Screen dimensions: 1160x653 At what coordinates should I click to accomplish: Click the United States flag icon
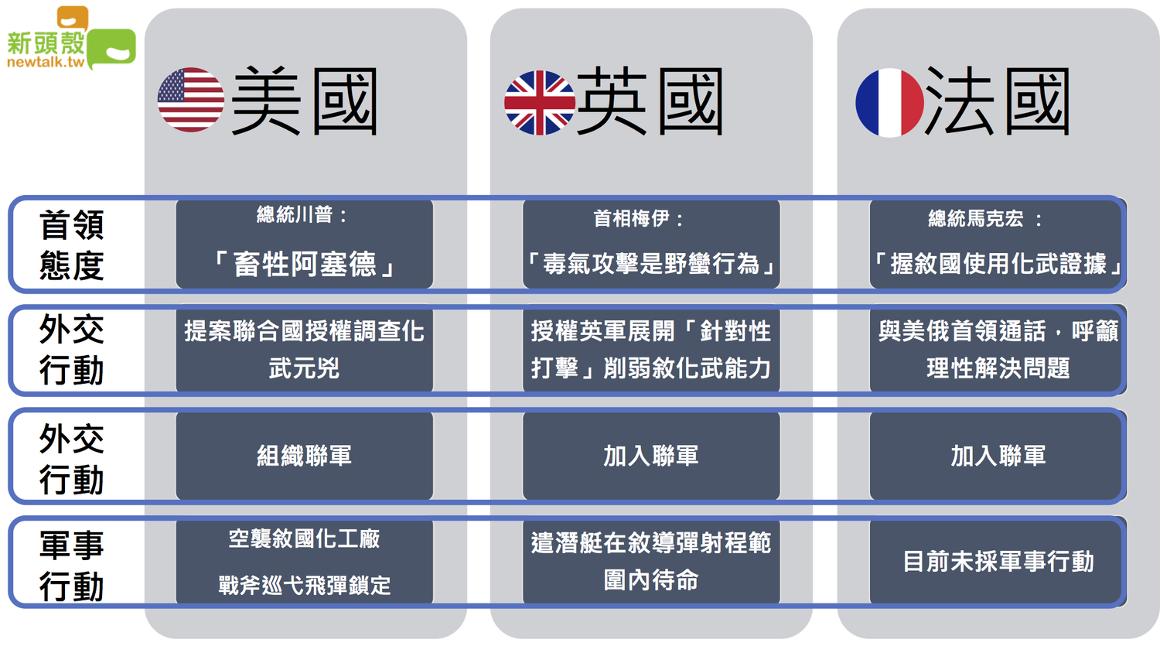190,100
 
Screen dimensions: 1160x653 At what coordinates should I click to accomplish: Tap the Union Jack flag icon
540,103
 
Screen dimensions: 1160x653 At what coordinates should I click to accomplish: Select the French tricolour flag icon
889,103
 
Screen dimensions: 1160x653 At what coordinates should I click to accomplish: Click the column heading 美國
305,101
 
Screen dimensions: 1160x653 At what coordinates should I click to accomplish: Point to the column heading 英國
650,101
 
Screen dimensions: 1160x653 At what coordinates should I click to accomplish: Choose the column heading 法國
998,101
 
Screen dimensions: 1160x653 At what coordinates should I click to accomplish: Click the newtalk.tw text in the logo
46,62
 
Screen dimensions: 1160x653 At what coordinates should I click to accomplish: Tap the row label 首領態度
71,244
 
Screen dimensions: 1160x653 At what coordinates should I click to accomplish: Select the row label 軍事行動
71,566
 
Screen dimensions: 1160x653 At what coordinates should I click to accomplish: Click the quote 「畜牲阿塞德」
304,264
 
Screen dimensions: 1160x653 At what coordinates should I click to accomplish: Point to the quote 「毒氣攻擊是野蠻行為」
651,264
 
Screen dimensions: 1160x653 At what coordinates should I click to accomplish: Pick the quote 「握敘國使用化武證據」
998,264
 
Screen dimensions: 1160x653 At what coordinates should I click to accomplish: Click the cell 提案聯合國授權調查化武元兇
304,349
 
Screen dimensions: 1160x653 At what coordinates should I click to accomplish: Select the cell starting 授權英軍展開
651,349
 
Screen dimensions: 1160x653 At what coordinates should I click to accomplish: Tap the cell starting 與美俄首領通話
998,349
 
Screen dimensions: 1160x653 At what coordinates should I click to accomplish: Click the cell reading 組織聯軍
304,456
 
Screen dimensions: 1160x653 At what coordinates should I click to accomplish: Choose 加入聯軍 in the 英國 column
651,456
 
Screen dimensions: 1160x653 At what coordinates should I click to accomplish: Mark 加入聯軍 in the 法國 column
998,456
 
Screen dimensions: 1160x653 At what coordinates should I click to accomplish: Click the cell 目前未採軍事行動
998,561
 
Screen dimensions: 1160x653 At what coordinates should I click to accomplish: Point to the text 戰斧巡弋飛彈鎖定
304,585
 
